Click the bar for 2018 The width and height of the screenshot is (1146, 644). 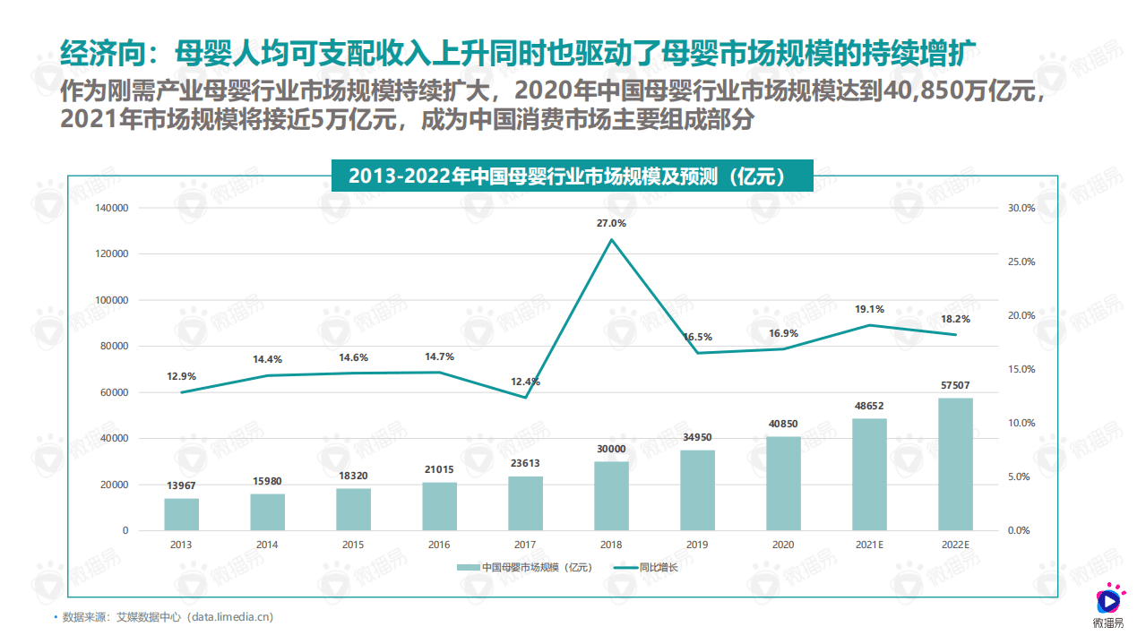point(611,495)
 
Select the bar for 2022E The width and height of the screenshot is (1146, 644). point(955,464)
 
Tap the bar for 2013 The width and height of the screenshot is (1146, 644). point(181,514)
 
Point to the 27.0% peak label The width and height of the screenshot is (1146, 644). point(611,223)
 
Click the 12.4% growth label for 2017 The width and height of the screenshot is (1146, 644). point(525,382)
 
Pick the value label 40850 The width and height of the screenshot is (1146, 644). point(783,424)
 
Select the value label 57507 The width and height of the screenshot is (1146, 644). point(955,385)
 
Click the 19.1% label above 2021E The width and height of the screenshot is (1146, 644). point(869,309)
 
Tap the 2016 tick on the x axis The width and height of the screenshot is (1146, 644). point(439,545)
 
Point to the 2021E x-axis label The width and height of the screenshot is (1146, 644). point(869,545)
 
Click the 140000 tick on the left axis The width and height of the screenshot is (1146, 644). point(111,208)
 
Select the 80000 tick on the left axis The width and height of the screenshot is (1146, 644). point(114,346)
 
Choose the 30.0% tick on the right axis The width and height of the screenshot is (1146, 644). point(1021,208)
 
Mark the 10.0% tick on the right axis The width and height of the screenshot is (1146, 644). point(1021,423)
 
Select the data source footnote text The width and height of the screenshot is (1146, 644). point(168,617)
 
